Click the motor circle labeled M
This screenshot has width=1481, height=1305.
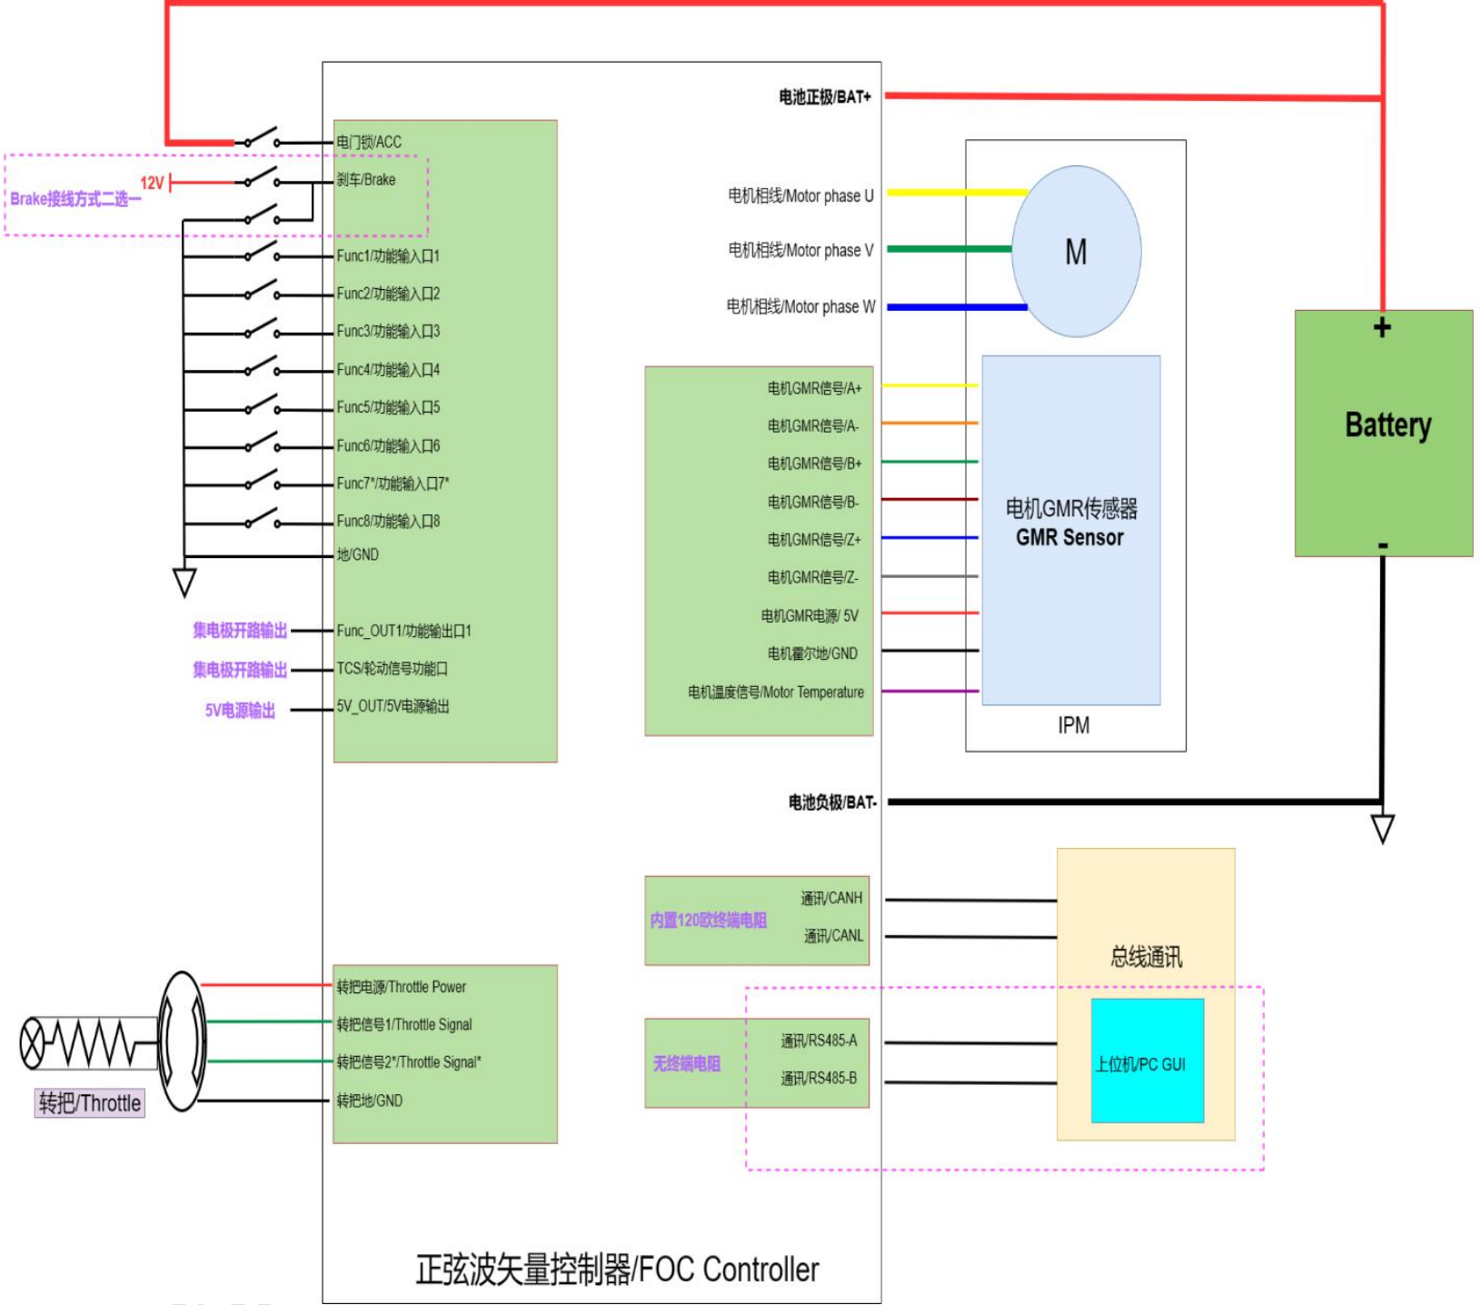(x=1076, y=252)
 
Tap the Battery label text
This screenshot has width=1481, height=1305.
(x=1387, y=425)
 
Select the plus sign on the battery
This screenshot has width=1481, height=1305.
(x=1382, y=328)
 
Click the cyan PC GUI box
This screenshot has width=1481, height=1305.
(x=1147, y=1061)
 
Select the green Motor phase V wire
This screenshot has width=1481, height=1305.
(x=949, y=248)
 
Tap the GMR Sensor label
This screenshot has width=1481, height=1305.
(x=1069, y=538)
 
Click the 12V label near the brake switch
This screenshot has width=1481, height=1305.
(x=152, y=184)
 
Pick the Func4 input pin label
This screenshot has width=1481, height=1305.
(x=388, y=370)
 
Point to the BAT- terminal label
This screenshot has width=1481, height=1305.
(x=831, y=802)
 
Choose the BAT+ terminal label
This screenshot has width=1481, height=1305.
(x=824, y=96)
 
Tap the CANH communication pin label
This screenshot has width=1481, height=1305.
(x=830, y=899)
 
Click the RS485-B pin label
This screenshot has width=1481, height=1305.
(x=818, y=1079)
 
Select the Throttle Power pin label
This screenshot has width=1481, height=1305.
(x=401, y=987)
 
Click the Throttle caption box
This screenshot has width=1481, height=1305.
(x=89, y=1103)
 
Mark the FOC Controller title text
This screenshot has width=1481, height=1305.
(x=617, y=1270)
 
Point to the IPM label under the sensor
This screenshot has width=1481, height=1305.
(x=1073, y=725)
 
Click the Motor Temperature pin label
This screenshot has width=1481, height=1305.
(x=776, y=692)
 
